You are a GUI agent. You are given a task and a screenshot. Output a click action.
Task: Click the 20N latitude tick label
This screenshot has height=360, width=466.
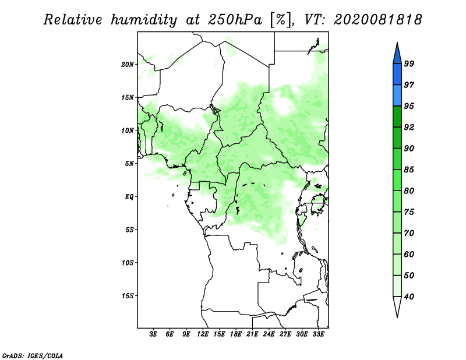[128, 64]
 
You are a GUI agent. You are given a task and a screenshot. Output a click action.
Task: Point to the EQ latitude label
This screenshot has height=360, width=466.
[129, 197]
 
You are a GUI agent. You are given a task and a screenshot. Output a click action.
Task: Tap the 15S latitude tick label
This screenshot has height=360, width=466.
[128, 296]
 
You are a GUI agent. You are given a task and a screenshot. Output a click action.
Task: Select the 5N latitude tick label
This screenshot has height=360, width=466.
[129, 164]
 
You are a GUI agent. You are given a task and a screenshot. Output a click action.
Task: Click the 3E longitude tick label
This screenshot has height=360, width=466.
[153, 334]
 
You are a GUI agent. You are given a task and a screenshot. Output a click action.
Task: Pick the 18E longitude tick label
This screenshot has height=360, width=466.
[236, 334]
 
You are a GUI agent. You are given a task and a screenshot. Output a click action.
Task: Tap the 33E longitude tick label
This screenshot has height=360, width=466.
[318, 334]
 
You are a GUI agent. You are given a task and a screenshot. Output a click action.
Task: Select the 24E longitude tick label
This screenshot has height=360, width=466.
[269, 334]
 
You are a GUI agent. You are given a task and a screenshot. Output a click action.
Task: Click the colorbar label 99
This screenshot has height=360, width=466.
[409, 63]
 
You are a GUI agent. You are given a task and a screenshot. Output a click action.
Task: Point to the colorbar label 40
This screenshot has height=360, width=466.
[409, 297]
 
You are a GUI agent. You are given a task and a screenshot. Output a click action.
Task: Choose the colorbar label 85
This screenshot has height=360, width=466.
[409, 170]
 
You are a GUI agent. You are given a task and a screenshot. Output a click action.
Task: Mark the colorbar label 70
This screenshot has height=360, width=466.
[409, 233]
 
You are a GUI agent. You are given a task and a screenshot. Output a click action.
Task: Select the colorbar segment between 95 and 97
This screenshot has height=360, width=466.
[397, 96]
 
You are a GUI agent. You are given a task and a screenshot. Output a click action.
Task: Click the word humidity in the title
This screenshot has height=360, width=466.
[144, 20]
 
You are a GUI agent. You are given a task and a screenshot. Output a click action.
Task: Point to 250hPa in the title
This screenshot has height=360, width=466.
[235, 20]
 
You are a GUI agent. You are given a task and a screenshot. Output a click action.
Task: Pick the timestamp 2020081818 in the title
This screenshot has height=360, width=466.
[377, 20]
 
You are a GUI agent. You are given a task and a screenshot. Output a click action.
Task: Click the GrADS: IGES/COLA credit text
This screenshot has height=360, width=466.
[33, 356]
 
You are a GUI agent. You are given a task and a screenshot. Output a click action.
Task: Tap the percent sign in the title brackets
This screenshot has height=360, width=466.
[281, 20]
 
